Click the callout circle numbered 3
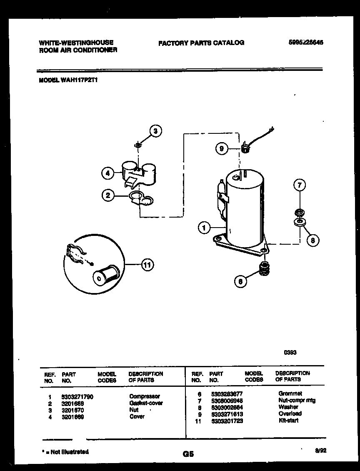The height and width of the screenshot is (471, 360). pyautogui.click(x=155, y=131)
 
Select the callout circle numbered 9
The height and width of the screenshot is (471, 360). pyautogui.click(x=222, y=148)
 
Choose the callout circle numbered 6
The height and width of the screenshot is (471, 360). pyautogui.click(x=240, y=281)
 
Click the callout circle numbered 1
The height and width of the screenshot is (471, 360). pyautogui.click(x=204, y=228)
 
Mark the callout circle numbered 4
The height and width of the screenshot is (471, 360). pyautogui.click(x=108, y=173)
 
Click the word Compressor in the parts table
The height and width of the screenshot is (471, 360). pyautogui.click(x=144, y=396)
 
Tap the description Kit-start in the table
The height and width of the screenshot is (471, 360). pyautogui.click(x=288, y=421)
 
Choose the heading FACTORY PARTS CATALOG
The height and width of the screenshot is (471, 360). pyautogui.click(x=201, y=43)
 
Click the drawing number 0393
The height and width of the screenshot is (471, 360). pyautogui.click(x=290, y=352)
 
